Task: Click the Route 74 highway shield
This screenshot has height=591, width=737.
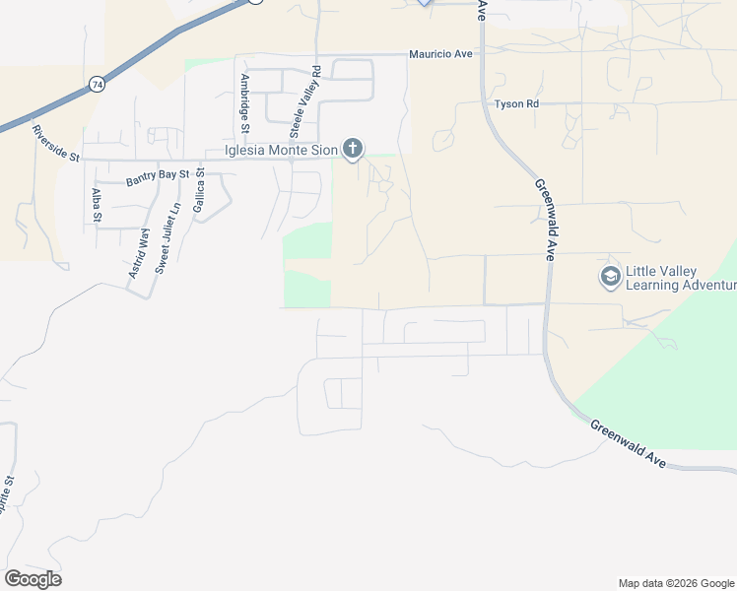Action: pos(96,86)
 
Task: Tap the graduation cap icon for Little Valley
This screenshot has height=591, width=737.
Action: pos(610,277)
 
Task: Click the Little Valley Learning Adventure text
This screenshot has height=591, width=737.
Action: pos(681,278)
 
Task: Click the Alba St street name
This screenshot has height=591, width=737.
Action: pos(97,205)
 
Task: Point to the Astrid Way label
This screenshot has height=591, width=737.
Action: pos(139,252)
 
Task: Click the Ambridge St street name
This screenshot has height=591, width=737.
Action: pos(244,100)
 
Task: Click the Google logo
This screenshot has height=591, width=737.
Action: pos(33,578)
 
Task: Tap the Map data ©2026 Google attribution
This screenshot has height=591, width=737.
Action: pos(676,583)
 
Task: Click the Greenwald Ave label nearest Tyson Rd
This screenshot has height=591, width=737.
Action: pos(545,219)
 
